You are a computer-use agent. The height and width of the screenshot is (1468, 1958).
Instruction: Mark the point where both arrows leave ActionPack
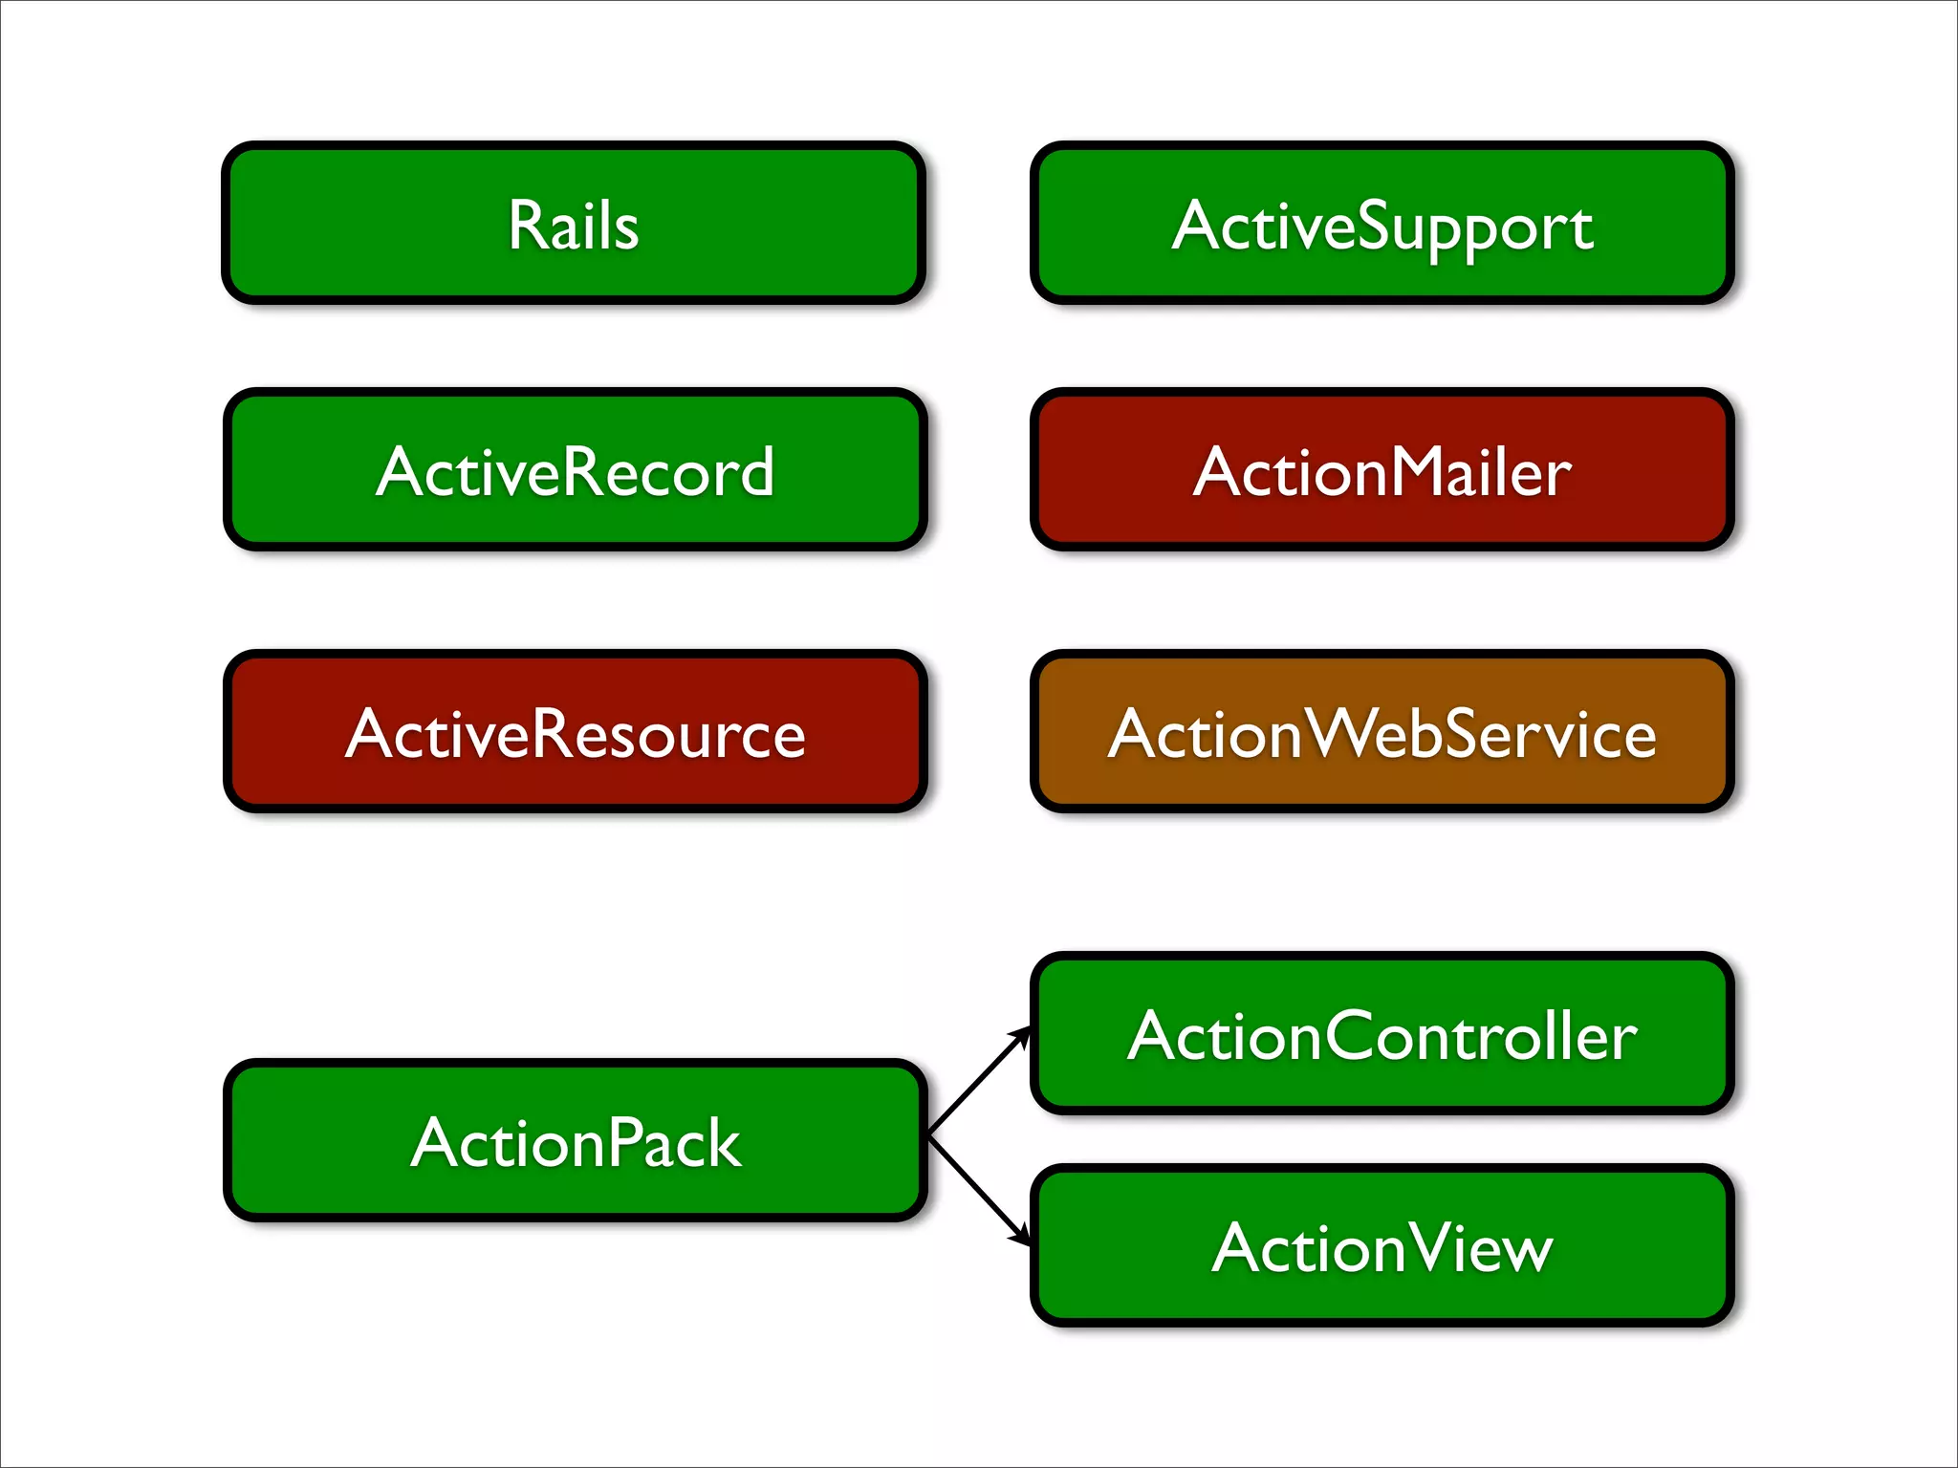(930, 1135)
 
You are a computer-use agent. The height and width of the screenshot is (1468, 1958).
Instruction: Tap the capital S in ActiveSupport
(1376, 226)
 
